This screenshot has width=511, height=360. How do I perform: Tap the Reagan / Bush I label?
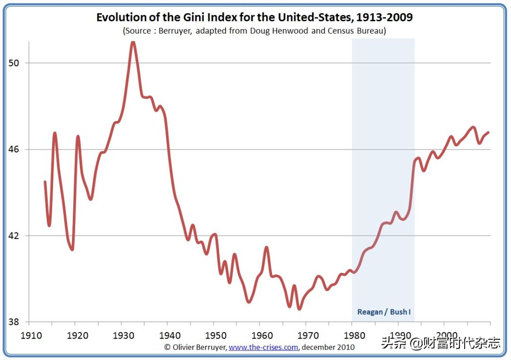[x=383, y=312]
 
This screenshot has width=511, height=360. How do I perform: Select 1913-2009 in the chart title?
[x=384, y=18]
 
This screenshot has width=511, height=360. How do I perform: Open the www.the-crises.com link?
[x=263, y=347]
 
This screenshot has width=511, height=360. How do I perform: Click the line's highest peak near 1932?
[x=133, y=43]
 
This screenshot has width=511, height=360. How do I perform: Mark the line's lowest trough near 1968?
[x=299, y=308]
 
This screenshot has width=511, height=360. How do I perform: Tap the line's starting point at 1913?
[x=45, y=182]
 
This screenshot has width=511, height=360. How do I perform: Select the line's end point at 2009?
[x=488, y=132]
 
